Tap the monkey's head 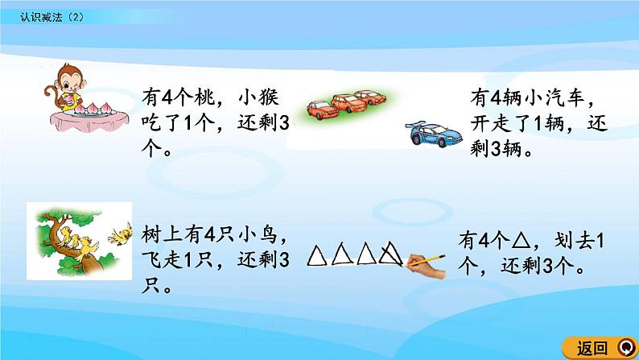coord(62,80)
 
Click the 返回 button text coord(592,348)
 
